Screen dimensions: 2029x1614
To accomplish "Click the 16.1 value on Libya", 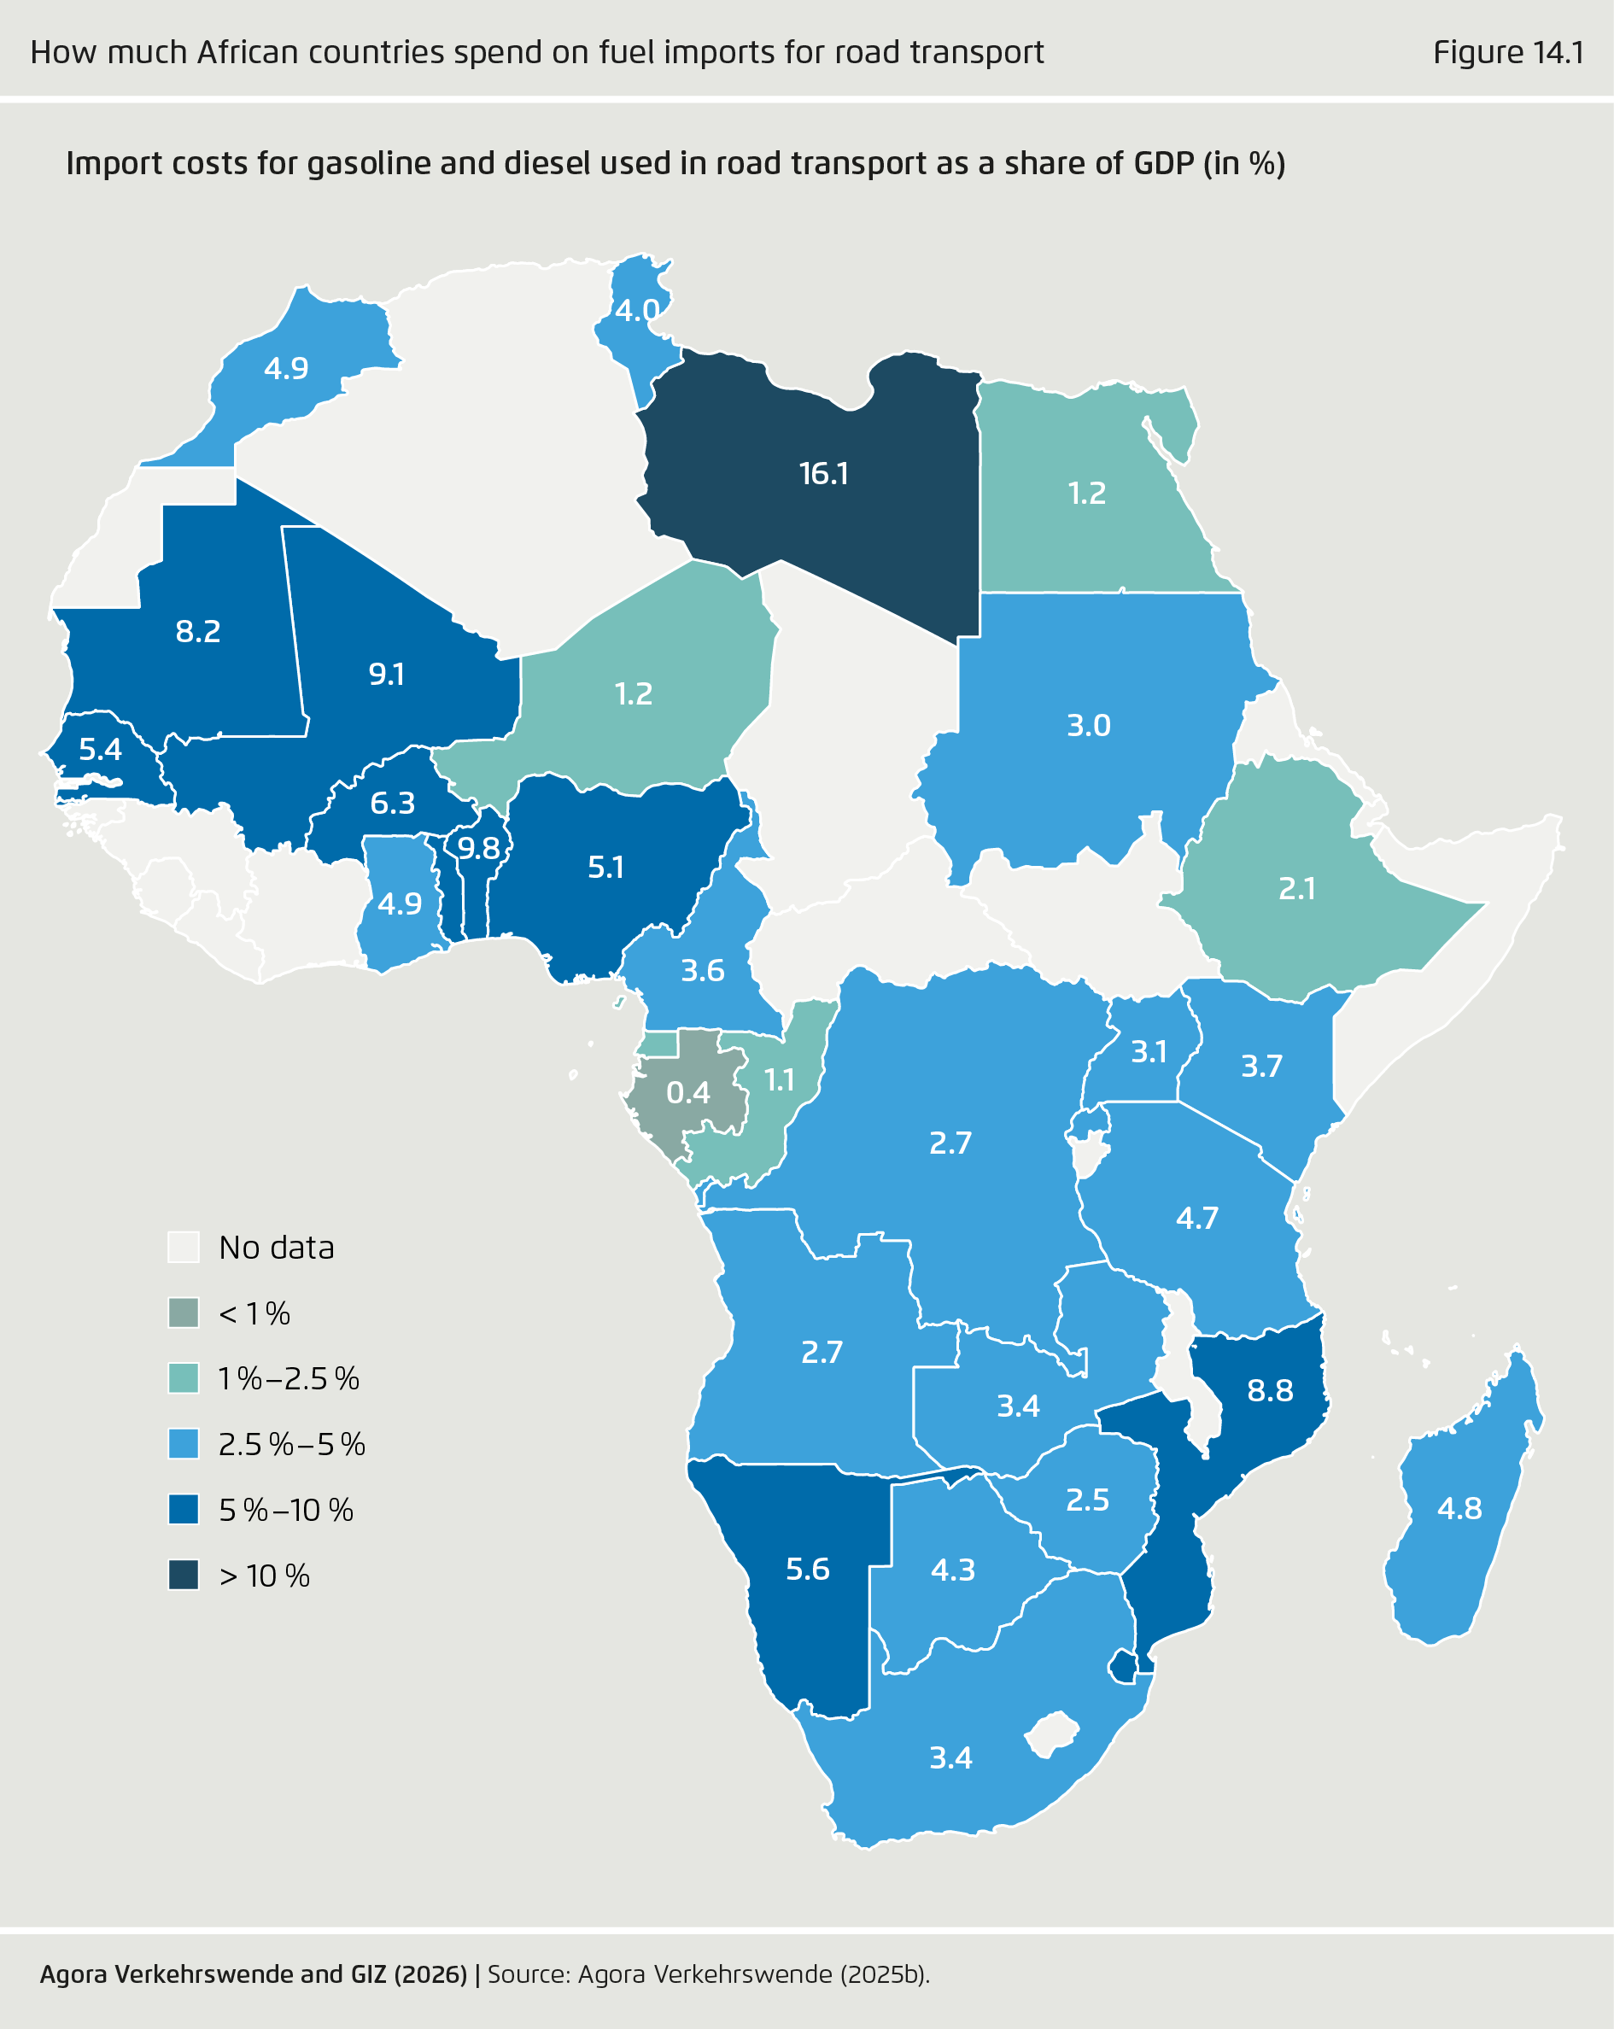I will pyautogui.click(x=823, y=473).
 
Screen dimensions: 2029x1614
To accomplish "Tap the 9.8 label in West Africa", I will pyautogui.click(x=478, y=849).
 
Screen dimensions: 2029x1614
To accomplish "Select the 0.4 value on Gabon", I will pyautogui.click(x=688, y=1092).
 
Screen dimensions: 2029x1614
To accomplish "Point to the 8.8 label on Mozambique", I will pyautogui.click(x=1270, y=1390).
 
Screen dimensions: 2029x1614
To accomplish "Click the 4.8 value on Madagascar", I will pyautogui.click(x=1459, y=1509).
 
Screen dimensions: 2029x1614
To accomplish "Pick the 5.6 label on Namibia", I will pyautogui.click(x=808, y=1569).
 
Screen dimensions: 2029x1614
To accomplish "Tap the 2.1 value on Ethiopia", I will pyautogui.click(x=1297, y=888).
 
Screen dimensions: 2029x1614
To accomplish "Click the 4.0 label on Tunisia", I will pyautogui.click(x=637, y=310).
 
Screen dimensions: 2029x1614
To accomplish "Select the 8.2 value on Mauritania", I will pyautogui.click(x=197, y=631).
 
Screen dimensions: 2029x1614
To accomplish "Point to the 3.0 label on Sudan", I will pyautogui.click(x=1088, y=726).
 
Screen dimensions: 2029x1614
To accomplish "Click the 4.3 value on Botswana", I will pyautogui.click(x=952, y=1570).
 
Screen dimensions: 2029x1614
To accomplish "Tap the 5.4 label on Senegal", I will pyautogui.click(x=100, y=750).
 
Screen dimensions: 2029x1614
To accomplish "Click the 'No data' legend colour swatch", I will pyautogui.click(x=184, y=1247).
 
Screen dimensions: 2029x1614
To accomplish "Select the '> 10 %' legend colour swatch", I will pyautogui.click(x=184, y=1576).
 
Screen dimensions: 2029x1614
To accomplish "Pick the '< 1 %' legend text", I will pyautogui.click(x=254, y=1313).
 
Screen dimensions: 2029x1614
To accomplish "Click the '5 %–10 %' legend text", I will pyautogui.click(x=286, y=1511).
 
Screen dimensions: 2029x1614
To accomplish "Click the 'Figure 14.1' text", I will pyautogui.click(x=1507, y=53).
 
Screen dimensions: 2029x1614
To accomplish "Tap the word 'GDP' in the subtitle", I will pyautogui.click(x=1163, y=164).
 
